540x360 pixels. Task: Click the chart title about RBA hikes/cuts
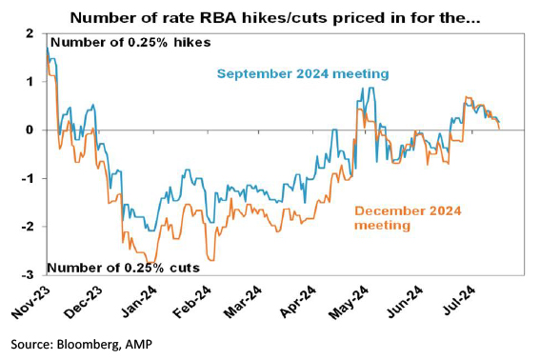275,17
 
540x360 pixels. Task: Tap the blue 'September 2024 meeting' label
303,73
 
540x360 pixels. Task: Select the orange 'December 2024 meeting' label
408,218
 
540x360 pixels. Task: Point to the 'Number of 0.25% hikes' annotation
130,42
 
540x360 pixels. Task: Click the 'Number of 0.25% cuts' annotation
123,268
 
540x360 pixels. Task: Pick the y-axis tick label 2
30,33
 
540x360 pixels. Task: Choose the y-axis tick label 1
30,82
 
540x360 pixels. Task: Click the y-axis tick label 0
30,130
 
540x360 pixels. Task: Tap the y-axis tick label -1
29,178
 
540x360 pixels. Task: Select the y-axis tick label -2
29,227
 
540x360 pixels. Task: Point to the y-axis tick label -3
29,275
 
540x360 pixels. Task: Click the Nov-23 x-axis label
31,302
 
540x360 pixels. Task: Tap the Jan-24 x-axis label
139,301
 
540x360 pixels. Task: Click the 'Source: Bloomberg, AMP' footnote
81,344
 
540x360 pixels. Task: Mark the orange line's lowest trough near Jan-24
150,263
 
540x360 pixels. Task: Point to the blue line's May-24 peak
370,88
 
